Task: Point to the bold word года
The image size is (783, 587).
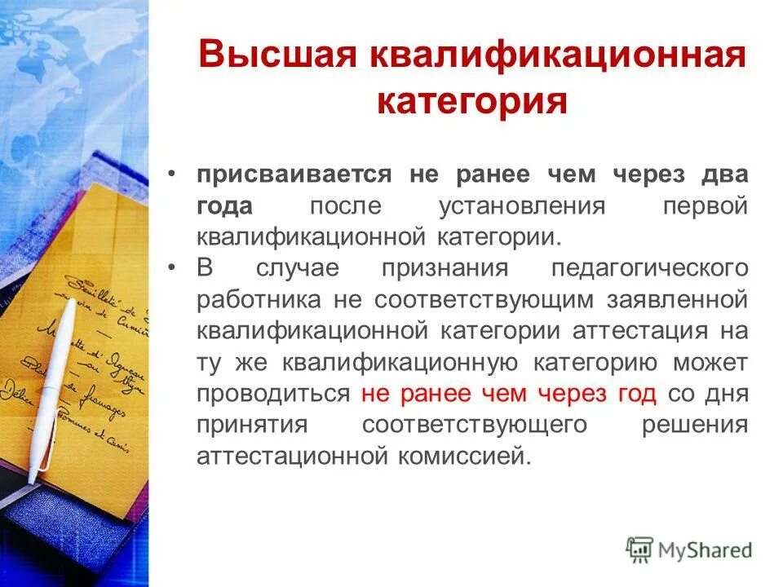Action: (x=224, y=205)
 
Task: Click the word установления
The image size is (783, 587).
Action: (x=522, y=205)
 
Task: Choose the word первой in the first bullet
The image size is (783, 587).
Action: (x=704, y=205)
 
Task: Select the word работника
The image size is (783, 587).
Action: (x=259, y=299)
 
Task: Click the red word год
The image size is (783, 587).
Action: (x=636, y=393)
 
